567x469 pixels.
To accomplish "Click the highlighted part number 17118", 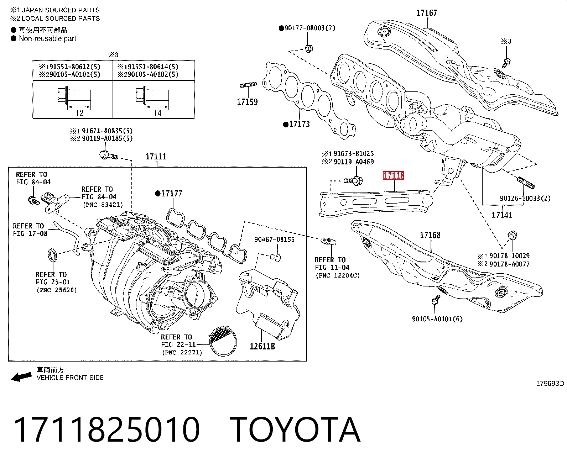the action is tap(393, 175).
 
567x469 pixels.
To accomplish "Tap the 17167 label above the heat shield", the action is tap(427, 13).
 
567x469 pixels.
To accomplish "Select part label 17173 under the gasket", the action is tap(299, 124).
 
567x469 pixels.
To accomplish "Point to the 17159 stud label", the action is tap(247, 102).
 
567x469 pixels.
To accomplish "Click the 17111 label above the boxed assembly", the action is tap(156, 157).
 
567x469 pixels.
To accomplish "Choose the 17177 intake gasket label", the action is tap(172, 194).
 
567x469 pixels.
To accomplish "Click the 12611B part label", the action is tap(262, 346).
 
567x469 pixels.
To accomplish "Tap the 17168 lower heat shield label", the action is tap(430, 235).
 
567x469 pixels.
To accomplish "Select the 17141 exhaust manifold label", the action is tap(502, 215).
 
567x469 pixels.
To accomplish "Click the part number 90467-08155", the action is tap(274, 239).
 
